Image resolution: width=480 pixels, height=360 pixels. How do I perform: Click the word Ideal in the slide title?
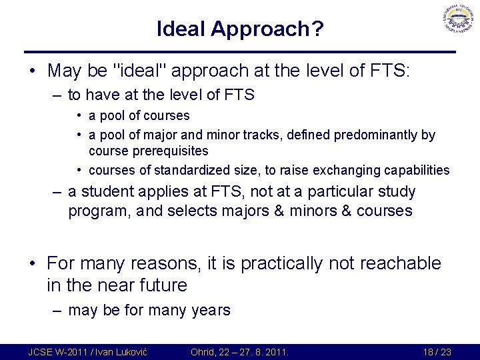tap(181, 29)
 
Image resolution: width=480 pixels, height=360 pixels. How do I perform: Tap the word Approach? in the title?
tap(267, 29)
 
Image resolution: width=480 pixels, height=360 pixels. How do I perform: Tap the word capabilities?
tap(417, 170)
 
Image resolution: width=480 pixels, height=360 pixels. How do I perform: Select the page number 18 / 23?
tap(437, 351)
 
